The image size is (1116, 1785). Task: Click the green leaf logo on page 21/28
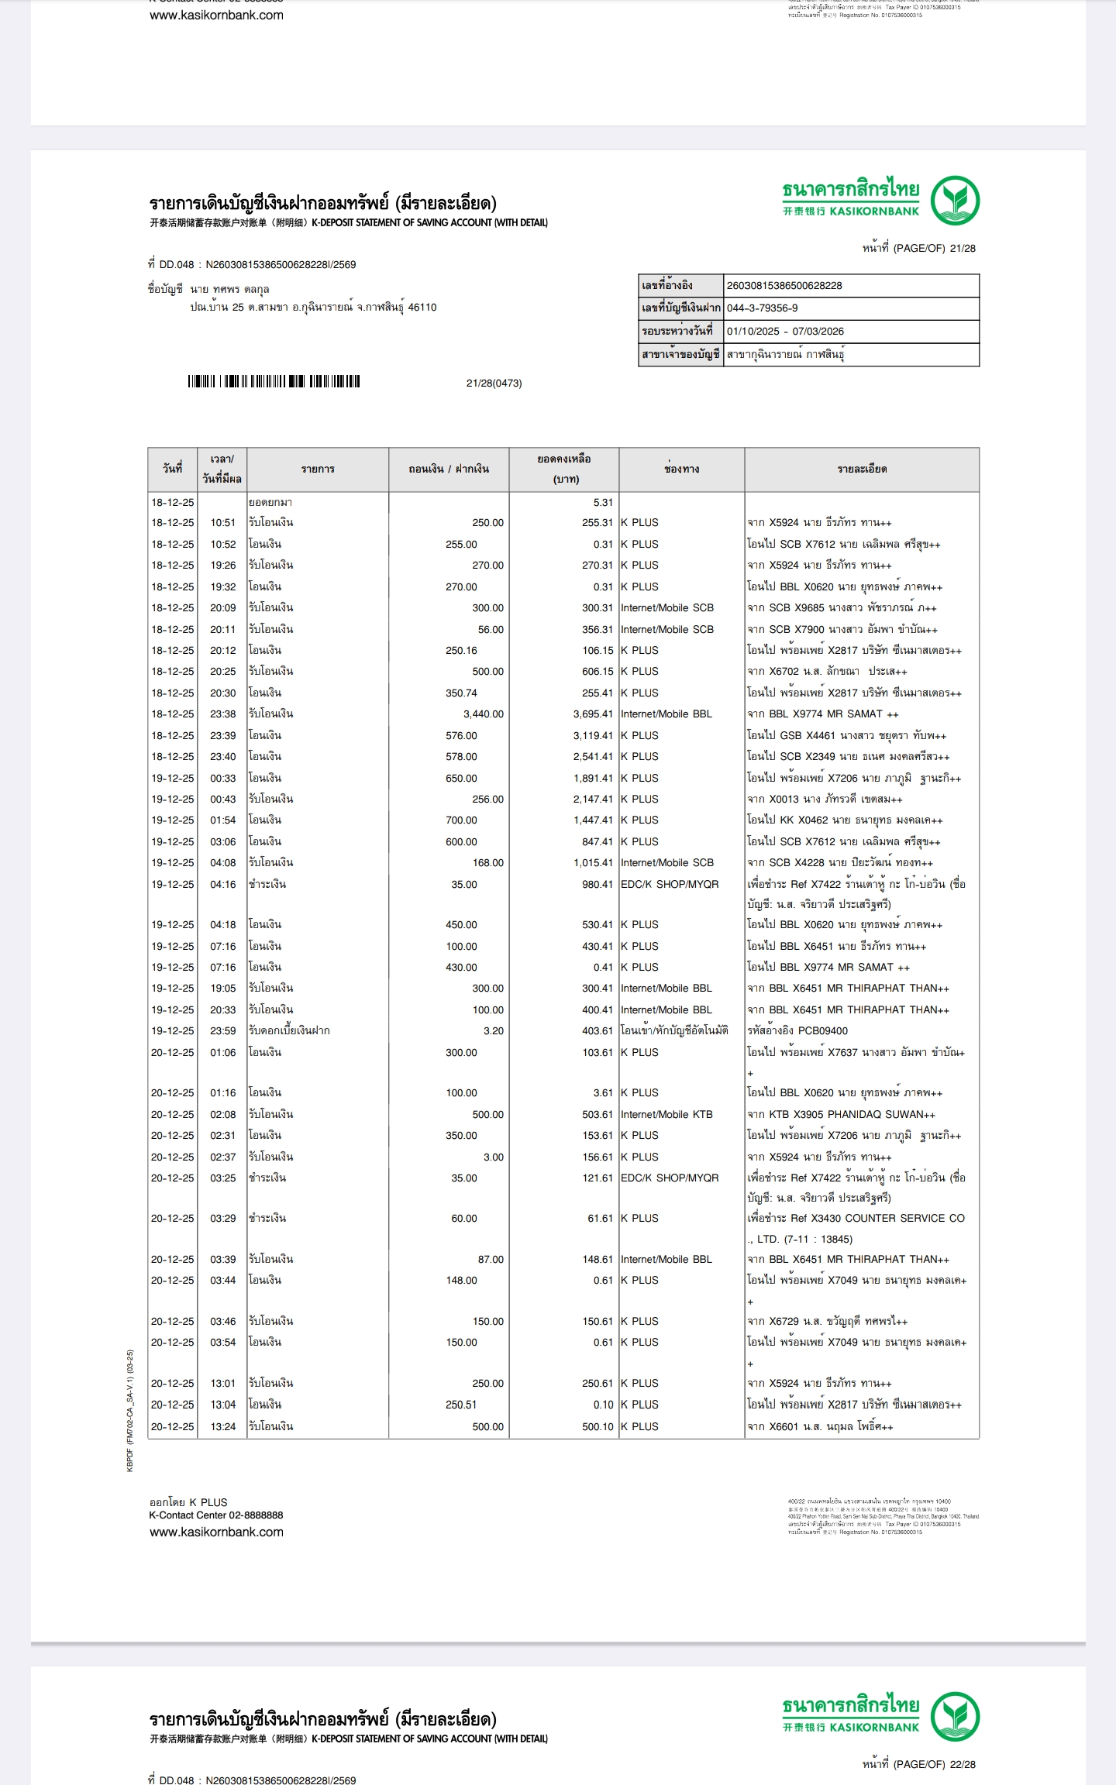[955, 200]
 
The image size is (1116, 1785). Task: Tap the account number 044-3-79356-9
[762, 308]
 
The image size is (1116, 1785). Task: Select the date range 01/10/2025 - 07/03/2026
[784, 332]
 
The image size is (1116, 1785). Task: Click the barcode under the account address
[274, 381]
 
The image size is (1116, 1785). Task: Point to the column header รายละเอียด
[862, 469]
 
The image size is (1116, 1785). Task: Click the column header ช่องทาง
[681, 469]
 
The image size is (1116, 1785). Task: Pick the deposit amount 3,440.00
[483, 714]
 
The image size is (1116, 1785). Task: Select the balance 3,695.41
[593, 714]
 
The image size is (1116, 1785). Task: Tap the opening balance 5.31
[602, 503]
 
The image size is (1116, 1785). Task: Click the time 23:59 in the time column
[222, 1031]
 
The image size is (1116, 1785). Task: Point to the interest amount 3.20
[493, 1031]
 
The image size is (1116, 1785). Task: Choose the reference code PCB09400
[822, 1031]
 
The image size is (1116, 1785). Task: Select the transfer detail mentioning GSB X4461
[846, 736]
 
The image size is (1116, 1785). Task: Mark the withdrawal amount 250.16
[461, 651]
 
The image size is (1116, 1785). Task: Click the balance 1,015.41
[593, 863]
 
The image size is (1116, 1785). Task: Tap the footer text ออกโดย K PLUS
[188, 1502]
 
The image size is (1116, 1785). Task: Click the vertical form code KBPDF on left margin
[130, 1410]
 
